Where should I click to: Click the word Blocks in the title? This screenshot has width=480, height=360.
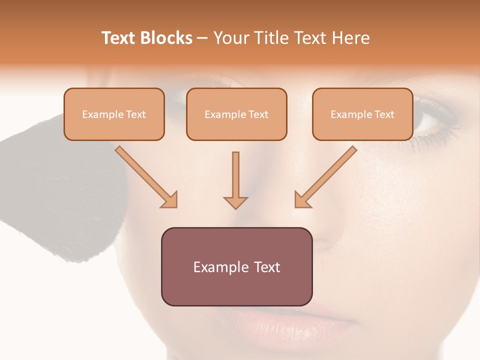pos(167,38)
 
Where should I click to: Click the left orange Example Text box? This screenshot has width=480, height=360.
pos(114,114)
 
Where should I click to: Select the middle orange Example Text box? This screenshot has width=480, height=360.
pos(236,114)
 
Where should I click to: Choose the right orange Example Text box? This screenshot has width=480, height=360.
pos(362,114)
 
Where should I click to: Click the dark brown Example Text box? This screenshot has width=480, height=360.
pos(236,266)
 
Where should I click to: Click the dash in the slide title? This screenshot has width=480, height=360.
pos(202,38)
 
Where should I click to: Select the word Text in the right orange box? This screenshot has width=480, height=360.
pos(384,114)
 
